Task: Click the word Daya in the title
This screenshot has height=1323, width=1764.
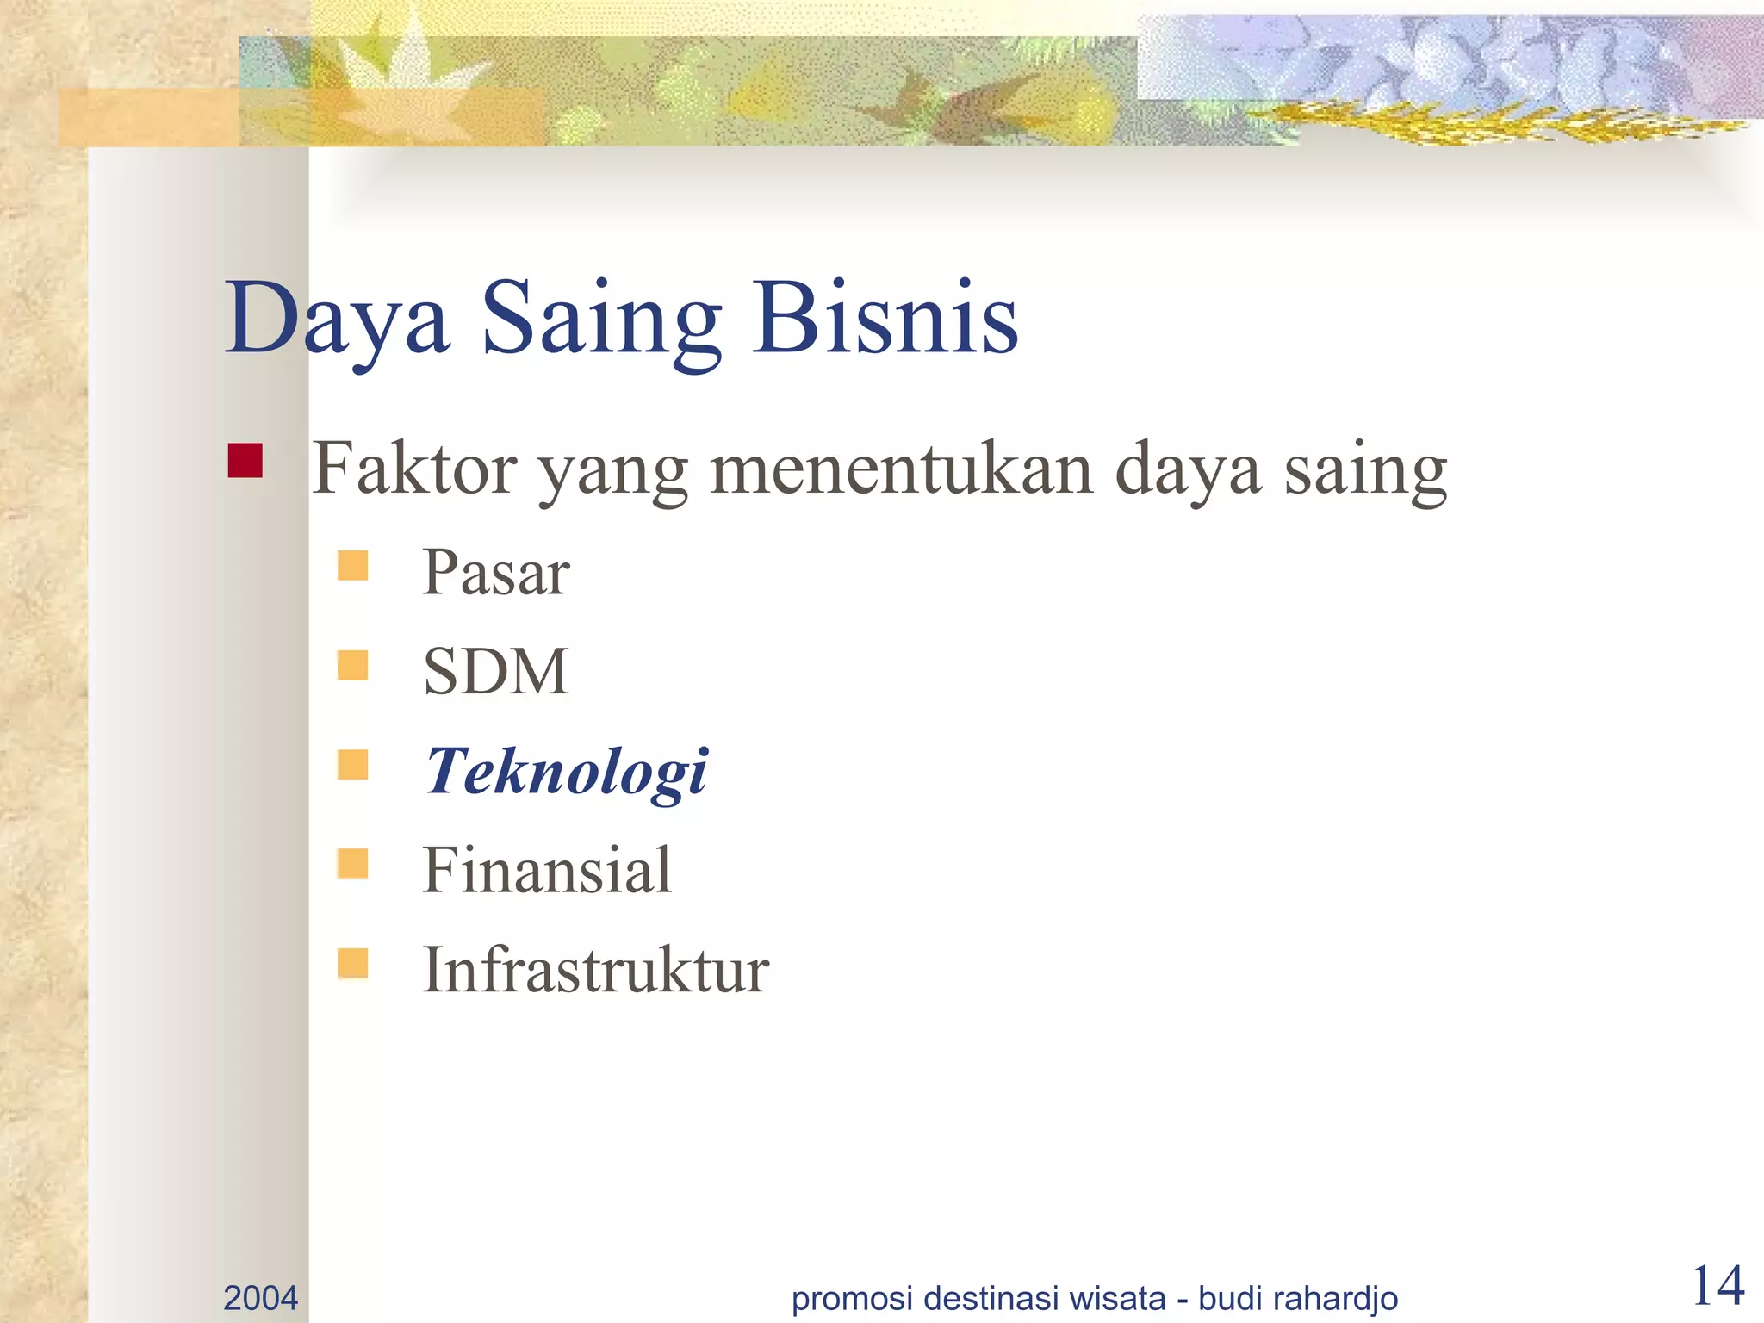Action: [x=336, y=319]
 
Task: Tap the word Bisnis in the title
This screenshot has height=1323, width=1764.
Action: [x=885, y=319]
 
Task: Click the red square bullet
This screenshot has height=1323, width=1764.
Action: [x=245, y=461]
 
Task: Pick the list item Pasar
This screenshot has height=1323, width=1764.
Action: [x=495, y=573]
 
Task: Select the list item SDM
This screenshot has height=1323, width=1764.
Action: [x=495, y=671]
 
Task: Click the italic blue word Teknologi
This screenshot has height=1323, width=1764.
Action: [x=566, y=771]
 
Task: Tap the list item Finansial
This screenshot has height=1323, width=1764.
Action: [x=546, y=870]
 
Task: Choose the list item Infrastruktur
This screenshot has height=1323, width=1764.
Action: [x=594, y=970]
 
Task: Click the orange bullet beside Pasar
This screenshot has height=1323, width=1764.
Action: [x=353, y=566]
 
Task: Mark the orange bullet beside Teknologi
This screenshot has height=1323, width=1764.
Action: [x=353, y=764]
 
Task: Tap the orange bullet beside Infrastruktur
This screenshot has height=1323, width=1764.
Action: [x=353, y=963]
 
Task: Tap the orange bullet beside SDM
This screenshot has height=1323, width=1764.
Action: [x=353, y=665]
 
